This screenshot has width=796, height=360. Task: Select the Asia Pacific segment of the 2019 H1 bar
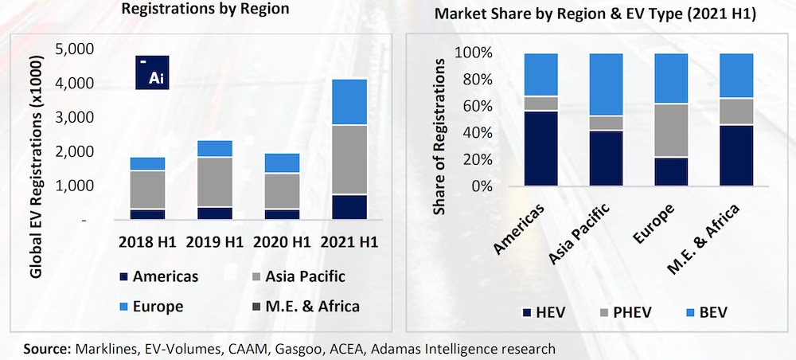pos(214,182)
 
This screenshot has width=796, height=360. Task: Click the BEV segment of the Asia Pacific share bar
pos(606,84)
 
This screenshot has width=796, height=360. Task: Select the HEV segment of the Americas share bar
pos(540,148)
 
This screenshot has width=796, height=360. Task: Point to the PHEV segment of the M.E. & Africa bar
pos(736,112)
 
